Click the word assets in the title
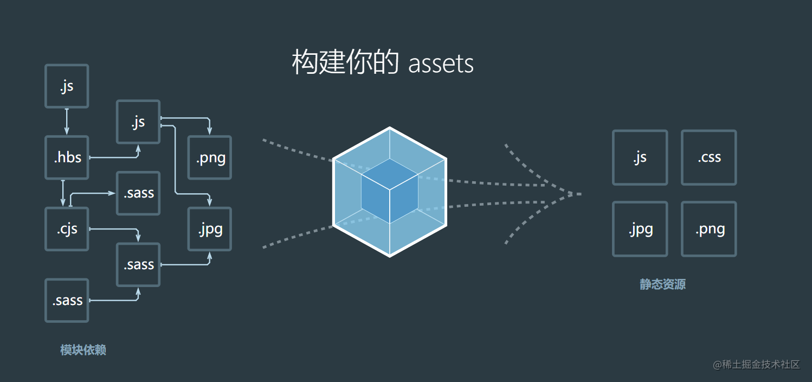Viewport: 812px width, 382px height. pos(441,64)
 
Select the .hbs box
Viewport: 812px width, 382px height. pos(67,157)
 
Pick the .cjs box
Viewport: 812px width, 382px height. pos(67,229)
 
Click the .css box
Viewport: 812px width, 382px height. pos(708,157)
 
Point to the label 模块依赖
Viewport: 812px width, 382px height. pos(83,350)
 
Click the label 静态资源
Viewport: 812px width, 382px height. pos(662,284)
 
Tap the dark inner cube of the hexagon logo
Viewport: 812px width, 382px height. pos(389,191)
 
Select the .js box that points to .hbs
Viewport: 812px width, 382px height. pos(67,86)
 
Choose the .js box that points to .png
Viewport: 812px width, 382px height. pos(138,122)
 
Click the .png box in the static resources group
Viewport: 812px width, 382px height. pos(708,229)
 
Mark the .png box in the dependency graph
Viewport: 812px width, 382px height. pos(210,158)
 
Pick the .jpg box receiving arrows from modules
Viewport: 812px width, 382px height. pos(210,229)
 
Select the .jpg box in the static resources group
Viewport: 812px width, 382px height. pos(640,229)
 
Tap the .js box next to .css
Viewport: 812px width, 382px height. pos(640,157)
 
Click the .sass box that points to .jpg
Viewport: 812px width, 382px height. pos(138,265)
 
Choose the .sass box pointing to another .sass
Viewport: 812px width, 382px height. pos(67,301)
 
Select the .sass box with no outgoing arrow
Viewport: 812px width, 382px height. pos(138,193)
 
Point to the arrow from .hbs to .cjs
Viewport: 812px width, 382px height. pos(63,193)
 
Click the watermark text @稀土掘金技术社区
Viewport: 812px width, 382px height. pos(756,364)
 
